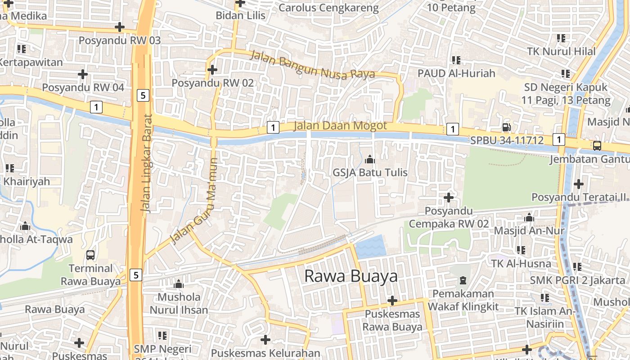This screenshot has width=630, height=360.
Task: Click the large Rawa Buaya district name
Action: pos(351,276)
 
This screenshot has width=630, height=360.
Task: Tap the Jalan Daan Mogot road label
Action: pos(340,126)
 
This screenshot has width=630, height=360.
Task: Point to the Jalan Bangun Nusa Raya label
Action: pos(312,65)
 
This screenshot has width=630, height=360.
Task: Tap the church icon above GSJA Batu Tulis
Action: pos(370,159)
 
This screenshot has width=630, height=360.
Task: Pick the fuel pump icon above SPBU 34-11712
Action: pos(506,128)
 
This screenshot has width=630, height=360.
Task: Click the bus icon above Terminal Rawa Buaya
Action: pos(90,255)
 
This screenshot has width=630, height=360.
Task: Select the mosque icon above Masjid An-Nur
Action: pos(529,218)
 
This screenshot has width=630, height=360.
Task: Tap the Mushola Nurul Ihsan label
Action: pos(179,303)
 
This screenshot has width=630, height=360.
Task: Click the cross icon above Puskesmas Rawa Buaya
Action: pos(392,300)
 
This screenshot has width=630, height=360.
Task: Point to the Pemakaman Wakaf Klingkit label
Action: pos(463,300)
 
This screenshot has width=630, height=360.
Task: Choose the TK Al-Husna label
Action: pos(521,263)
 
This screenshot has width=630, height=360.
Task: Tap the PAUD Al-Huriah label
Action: pos(456,73)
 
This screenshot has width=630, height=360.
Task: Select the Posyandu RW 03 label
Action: pos(120,40)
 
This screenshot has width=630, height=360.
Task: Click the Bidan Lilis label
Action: pos(240,15)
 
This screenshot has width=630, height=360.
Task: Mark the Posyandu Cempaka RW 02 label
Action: pos(449,217)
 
